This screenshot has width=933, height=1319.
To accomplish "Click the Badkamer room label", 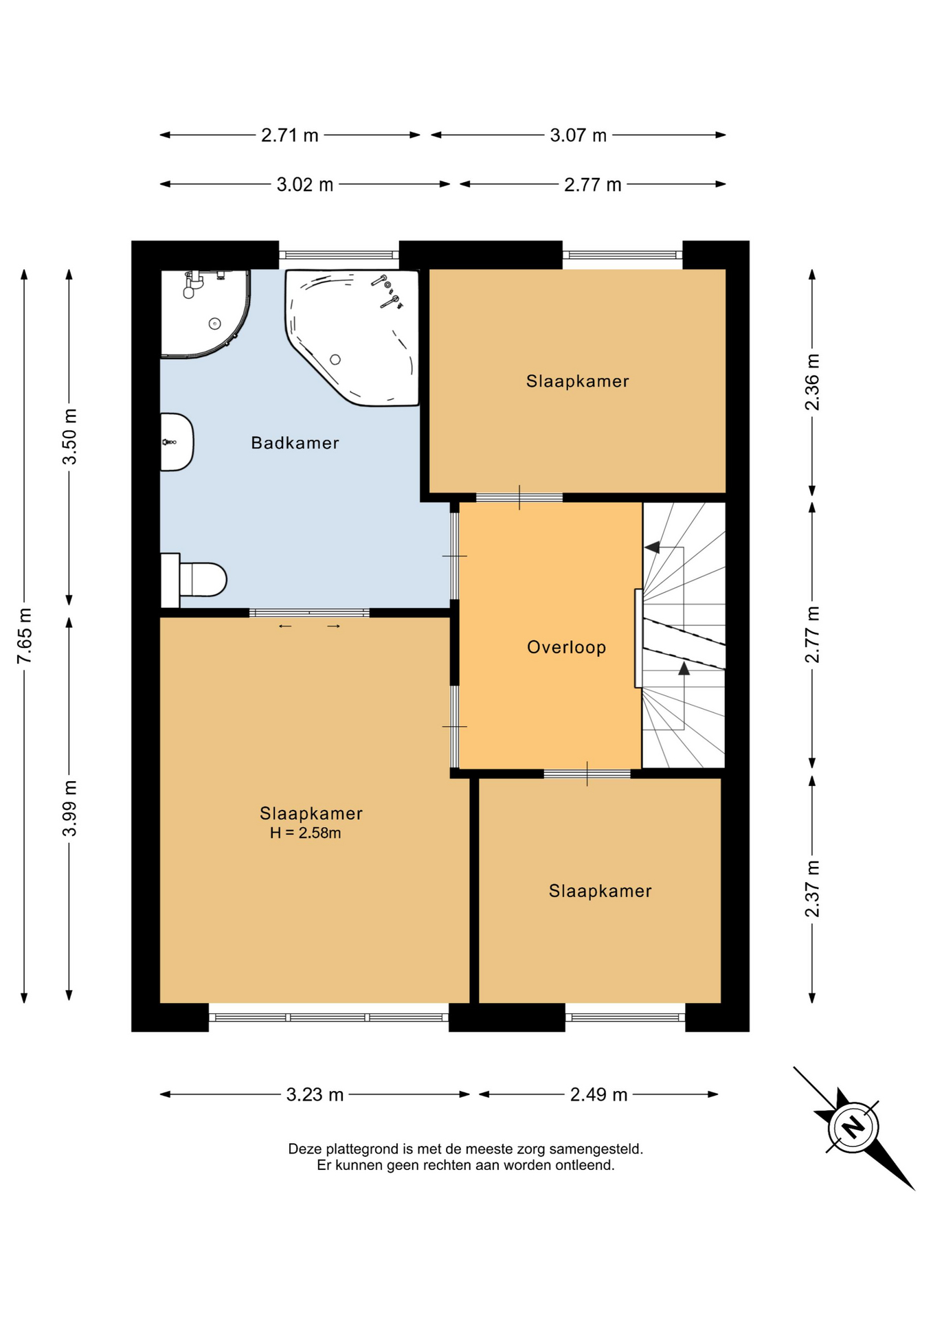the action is pos(295,443).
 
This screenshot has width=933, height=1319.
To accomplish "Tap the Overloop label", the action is pos(566,647).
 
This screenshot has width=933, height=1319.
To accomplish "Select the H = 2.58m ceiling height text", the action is pos(306,833).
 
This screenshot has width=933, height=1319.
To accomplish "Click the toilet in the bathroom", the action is pos(194,580).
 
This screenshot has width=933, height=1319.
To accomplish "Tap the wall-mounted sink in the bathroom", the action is pos(177,442).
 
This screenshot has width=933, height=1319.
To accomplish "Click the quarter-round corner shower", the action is pos(205,313).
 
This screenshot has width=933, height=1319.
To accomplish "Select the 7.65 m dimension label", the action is pos(25,635).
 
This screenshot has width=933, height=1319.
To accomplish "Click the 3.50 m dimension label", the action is pos(69,436).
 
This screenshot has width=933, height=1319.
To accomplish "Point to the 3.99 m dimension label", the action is pos(69,809).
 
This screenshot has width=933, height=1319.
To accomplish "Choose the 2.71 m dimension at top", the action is pos(290,135).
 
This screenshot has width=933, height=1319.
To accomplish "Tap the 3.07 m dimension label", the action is pos(578,135).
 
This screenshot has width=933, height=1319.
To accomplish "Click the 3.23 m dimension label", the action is pos(315,1094).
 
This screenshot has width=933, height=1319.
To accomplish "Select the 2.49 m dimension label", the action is pos(599,1094).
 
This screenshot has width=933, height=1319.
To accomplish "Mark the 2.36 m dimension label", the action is pos(812,382).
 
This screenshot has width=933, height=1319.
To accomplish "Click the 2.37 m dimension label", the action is pos(812,889).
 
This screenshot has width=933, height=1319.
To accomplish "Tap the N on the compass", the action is pos(853,1127).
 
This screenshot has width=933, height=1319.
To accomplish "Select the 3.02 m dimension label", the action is pos(305,185).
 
